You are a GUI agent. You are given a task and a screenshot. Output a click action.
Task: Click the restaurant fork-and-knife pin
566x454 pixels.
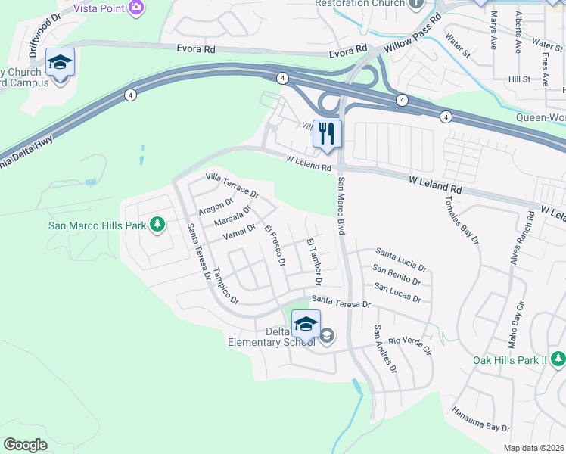pyautogui.click(x=327, y=134)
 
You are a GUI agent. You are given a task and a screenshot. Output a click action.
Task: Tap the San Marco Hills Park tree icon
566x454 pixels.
pyautogui.click(x=157, y=224)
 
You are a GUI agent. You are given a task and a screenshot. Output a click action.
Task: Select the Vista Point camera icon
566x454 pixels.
pyautogui.click(x=137, y=8)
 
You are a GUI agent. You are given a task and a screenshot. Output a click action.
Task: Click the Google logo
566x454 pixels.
pyautogui.click(x=25, y=444)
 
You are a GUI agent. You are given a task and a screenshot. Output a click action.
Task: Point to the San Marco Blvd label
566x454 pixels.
pyautogui.click(x=341, y=205)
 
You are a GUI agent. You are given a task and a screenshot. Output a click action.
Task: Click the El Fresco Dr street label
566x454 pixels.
pyautogui.click(x=274, y=245)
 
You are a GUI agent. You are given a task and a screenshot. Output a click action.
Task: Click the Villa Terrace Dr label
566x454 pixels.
pyautogui.click(x=232, y=183)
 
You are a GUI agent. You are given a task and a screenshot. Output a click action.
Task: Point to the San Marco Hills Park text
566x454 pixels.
pyautogui.click(x=96, y=225)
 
